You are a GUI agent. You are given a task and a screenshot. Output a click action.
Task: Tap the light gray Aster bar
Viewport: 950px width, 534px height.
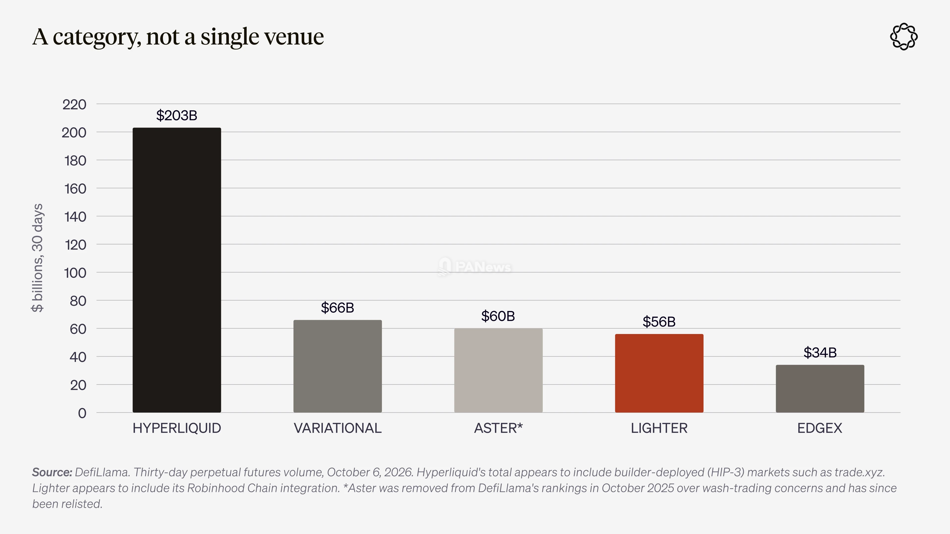click(498, 370)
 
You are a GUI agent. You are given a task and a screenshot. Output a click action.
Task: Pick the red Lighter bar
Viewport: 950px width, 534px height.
click(659, 373)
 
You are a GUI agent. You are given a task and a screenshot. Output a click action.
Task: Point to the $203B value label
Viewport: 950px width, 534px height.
click(177, 115)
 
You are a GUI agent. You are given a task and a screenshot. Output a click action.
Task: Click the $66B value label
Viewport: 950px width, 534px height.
click(337, 308)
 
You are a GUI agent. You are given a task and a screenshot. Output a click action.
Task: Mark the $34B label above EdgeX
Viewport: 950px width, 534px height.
click(820, 353)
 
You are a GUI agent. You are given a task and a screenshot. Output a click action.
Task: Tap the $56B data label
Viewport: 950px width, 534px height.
click(659, 322)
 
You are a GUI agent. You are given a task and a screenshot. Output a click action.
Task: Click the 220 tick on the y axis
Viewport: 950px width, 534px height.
click(74, 104)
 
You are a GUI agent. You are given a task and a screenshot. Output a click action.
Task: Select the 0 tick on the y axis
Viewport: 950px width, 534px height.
click(82, 413)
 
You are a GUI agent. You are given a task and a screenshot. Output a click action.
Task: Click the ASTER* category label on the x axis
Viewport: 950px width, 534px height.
click(498, 428)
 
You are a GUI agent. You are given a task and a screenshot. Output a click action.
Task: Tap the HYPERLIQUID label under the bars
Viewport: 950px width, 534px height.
click(177, 428)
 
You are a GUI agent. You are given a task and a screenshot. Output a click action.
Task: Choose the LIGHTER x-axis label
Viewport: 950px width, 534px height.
click(659, 428)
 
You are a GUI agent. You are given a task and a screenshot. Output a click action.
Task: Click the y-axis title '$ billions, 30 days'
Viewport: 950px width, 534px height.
click(37, 258)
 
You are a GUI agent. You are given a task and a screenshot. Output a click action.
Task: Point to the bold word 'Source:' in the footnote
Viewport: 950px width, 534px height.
click(52, 472)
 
